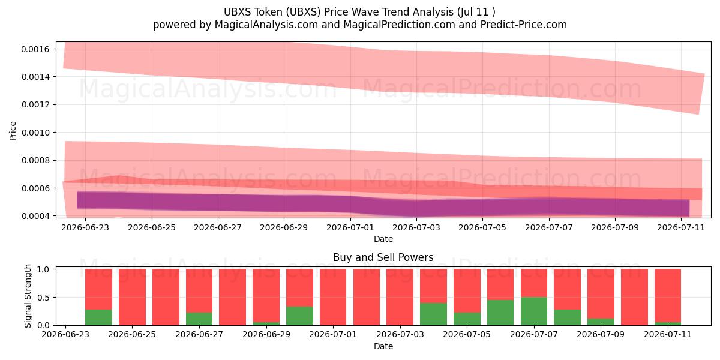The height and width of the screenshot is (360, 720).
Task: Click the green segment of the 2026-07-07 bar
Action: pyautogui.click(x=534, y=311)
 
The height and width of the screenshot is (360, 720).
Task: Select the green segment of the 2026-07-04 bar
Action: pyautogui.click(x=433, y=314)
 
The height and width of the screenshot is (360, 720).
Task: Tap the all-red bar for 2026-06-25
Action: pyautogui.click(x=132, y=297)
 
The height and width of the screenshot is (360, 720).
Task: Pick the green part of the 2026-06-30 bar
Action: pyautogui.click(x=299, y=316)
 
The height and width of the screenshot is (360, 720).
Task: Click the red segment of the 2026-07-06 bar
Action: pyautogui.click(x=500, y=284)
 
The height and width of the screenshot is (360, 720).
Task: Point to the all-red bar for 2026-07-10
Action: pyautogui.click(x=635, y=297)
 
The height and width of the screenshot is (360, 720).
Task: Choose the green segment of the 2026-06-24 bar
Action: pyautogui.click(x=98, y=317)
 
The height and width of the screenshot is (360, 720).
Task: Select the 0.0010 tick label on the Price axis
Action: pyautogui.click(x=35, y=133)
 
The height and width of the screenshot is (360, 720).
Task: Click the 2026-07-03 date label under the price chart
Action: pyautogui.click(x=416, y=227)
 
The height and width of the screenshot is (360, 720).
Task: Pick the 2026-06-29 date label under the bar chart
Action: pyautogui.click(x=266, y=334)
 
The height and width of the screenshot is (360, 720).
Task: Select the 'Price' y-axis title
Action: pyautogui.click(x=13, y=131)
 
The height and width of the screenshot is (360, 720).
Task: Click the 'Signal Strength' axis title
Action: pyautogui.click(x=28, y=296)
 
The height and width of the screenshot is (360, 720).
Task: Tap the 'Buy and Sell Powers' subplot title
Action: pyautogui.click(x=383, y=257)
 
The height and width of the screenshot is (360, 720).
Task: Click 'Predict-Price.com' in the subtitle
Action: pyautogui.click(x=524, y=25)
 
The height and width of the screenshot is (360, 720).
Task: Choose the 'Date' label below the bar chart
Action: pyautogui.click(x=383, y=346)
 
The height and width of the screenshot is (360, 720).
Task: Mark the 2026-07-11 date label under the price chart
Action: pyautogui.click(x=681, y=227)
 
